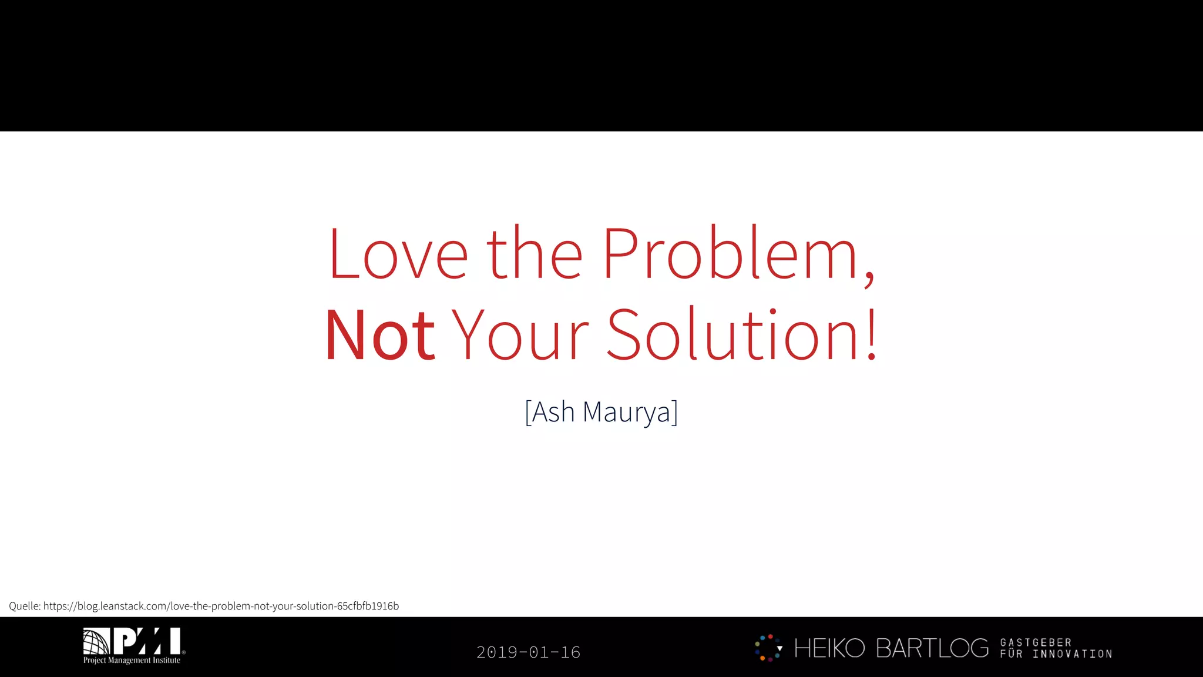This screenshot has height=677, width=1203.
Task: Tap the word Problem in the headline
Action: [x=730, y=254]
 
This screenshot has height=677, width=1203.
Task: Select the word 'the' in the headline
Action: [x=535, y=254]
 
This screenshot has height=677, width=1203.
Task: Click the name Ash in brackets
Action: [x=553, y=412]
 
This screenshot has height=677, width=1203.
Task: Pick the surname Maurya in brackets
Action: [x=627, y=412]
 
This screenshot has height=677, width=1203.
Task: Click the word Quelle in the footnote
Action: [x=23, y=606]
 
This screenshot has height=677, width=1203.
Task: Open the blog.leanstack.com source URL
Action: [x=221, y=606]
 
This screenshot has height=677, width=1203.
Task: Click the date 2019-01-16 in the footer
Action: [x=528, y=652]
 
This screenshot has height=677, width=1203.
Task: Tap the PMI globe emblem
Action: [x=96, y=641]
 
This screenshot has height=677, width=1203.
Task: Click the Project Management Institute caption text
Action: [x=132, y=661]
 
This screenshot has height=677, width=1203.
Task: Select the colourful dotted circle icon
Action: [x=768, y=648]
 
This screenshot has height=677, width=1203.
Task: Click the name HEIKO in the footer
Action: [x=829, y=648]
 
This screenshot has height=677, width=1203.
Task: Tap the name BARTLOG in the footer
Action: [x=932, y=648]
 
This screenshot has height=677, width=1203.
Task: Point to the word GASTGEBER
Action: [x=1036, y=642]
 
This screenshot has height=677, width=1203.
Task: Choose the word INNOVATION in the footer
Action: [x=1073, y=654]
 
